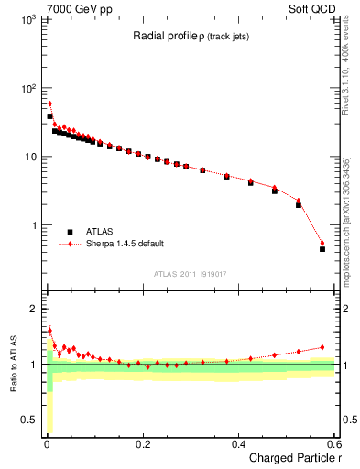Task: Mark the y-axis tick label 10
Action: [x=28, y=157]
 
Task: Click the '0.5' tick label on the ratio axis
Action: [x=27, y=420]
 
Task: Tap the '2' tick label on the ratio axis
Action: [x=32, y=309]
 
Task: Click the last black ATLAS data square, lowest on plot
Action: [x=322, y=248]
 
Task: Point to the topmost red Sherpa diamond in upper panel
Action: [x=49, y=104]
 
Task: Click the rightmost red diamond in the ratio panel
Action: [x=322, y=347]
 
